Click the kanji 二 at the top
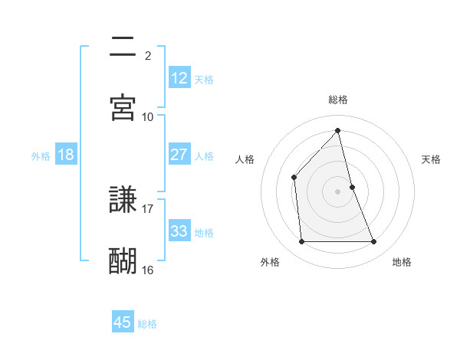tap(123, 48)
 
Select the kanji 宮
tap(123, 107)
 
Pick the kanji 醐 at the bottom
tap(123, 260)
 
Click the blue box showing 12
tap(179, 77)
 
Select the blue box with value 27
tap(179, 154)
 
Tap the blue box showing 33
tap(179, 231)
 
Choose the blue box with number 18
tap(66, 155)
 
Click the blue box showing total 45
tap(123, 322)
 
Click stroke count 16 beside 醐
tap(148, 269)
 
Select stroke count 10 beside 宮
tap(148, 116)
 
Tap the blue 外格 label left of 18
tap(41, 155)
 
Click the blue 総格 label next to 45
tap(147, 323)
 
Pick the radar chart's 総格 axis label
tap(337, 100)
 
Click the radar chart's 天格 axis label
tap(432, 159)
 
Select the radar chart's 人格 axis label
tap(245, 159)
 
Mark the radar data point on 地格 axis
tap(374, 242)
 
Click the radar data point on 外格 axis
tap(301, 242)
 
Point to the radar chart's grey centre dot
tap(337, 191)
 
